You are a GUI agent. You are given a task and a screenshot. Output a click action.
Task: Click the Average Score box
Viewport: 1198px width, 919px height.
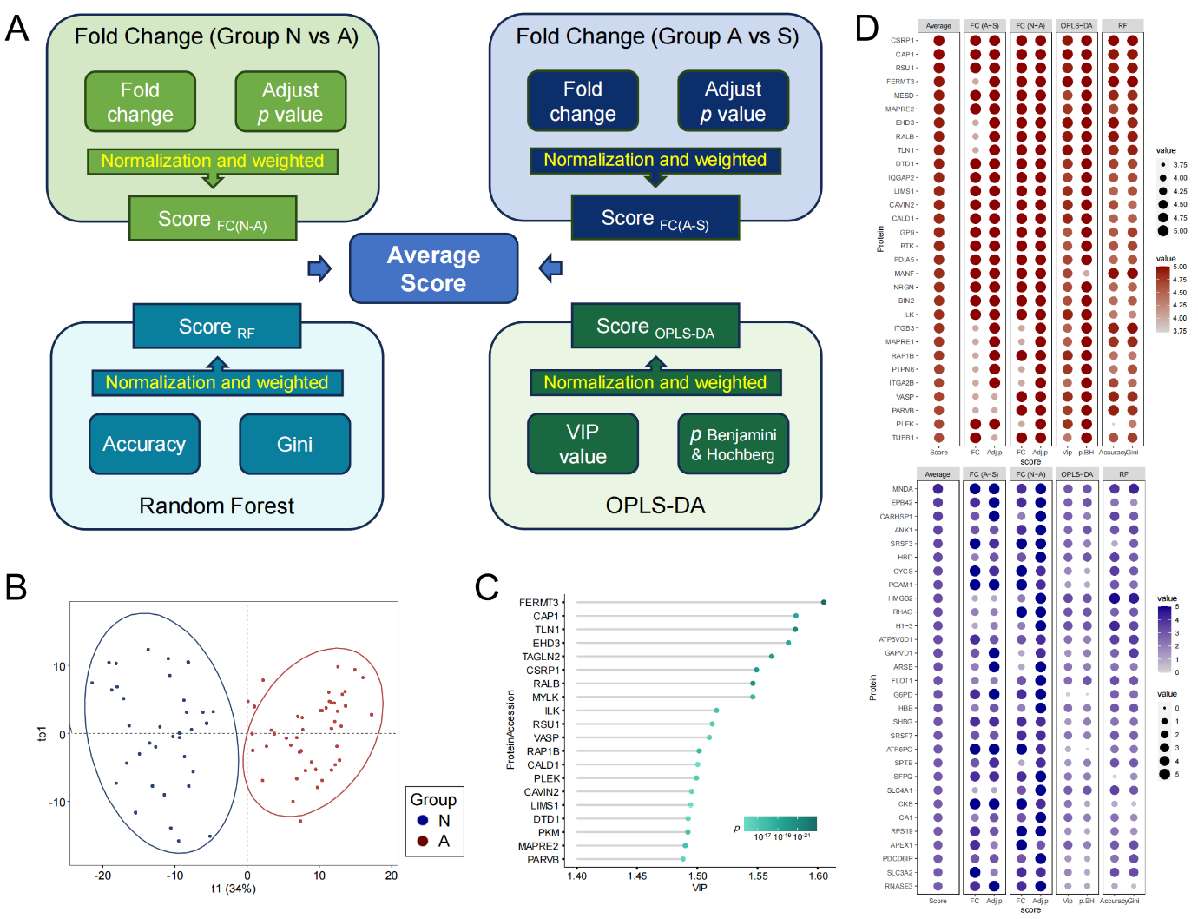[x=433, y=268]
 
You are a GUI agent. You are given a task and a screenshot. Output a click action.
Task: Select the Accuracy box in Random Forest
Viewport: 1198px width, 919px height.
[x=144, y=444]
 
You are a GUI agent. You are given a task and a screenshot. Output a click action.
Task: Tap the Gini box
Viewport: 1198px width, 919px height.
[x=294, y=444]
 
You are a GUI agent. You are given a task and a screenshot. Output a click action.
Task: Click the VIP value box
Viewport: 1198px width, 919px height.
[x=583, y=444]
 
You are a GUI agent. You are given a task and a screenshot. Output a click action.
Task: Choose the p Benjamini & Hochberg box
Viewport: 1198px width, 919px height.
[x=733, y=444]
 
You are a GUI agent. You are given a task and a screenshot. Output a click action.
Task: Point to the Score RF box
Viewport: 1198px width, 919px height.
[x=216, y=327]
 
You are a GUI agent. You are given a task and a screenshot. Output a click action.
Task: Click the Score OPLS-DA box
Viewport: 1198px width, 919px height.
[x=655, y=327]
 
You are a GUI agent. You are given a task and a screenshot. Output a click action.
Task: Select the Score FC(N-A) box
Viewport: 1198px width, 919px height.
[x=213, y=219]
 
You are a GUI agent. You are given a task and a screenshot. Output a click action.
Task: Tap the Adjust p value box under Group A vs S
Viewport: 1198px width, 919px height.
[x=733, y=102]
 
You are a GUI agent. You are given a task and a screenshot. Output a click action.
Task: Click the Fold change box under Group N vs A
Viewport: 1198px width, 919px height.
[x=140, y=102]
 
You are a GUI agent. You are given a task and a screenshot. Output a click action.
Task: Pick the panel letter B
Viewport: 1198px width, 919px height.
[x=16, y=588]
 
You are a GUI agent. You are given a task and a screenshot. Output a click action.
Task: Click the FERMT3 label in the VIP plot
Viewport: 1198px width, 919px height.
[x=538, y=603]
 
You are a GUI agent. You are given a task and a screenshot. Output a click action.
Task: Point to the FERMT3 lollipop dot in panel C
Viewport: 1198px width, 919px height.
[x=824, y=602]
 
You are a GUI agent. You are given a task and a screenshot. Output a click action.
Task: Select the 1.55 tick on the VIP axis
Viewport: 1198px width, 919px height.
[x=758, y=876]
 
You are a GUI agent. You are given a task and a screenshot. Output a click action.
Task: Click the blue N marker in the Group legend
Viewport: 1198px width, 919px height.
[x=423, y=821]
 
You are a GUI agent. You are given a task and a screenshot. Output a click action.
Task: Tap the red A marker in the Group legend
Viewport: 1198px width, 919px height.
[x=423, y=841]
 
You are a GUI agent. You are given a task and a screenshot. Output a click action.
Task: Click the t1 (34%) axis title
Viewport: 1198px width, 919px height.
[x=234, y=889]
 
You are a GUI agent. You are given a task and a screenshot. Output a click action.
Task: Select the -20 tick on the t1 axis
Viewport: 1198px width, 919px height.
[x=102, y=876]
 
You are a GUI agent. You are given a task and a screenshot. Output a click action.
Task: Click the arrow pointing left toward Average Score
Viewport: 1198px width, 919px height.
[x=550, y=268]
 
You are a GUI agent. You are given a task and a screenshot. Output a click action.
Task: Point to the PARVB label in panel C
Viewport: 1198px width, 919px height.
[x=543, y=860]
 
